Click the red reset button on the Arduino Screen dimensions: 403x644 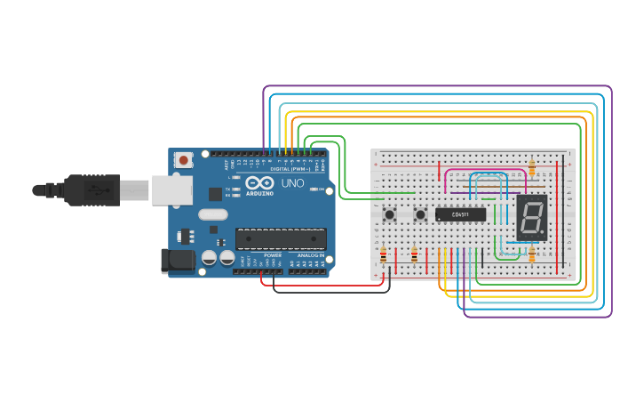[x=184, y=160]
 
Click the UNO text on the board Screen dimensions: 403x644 [x=292, y=183]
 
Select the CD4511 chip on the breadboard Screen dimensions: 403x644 [x=460, y=214]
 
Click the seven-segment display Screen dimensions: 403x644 [x=531, y=217]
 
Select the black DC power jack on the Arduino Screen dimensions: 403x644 [x=177, y=260]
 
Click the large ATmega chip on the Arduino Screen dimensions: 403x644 [x=280, y=238]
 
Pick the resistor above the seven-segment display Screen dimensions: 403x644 [x=531, y=167]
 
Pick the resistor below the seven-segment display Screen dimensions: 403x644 [x=531, y=255]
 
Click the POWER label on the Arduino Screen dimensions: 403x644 [x=273, y=255]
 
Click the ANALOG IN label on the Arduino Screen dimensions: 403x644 [x=310, y=255]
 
